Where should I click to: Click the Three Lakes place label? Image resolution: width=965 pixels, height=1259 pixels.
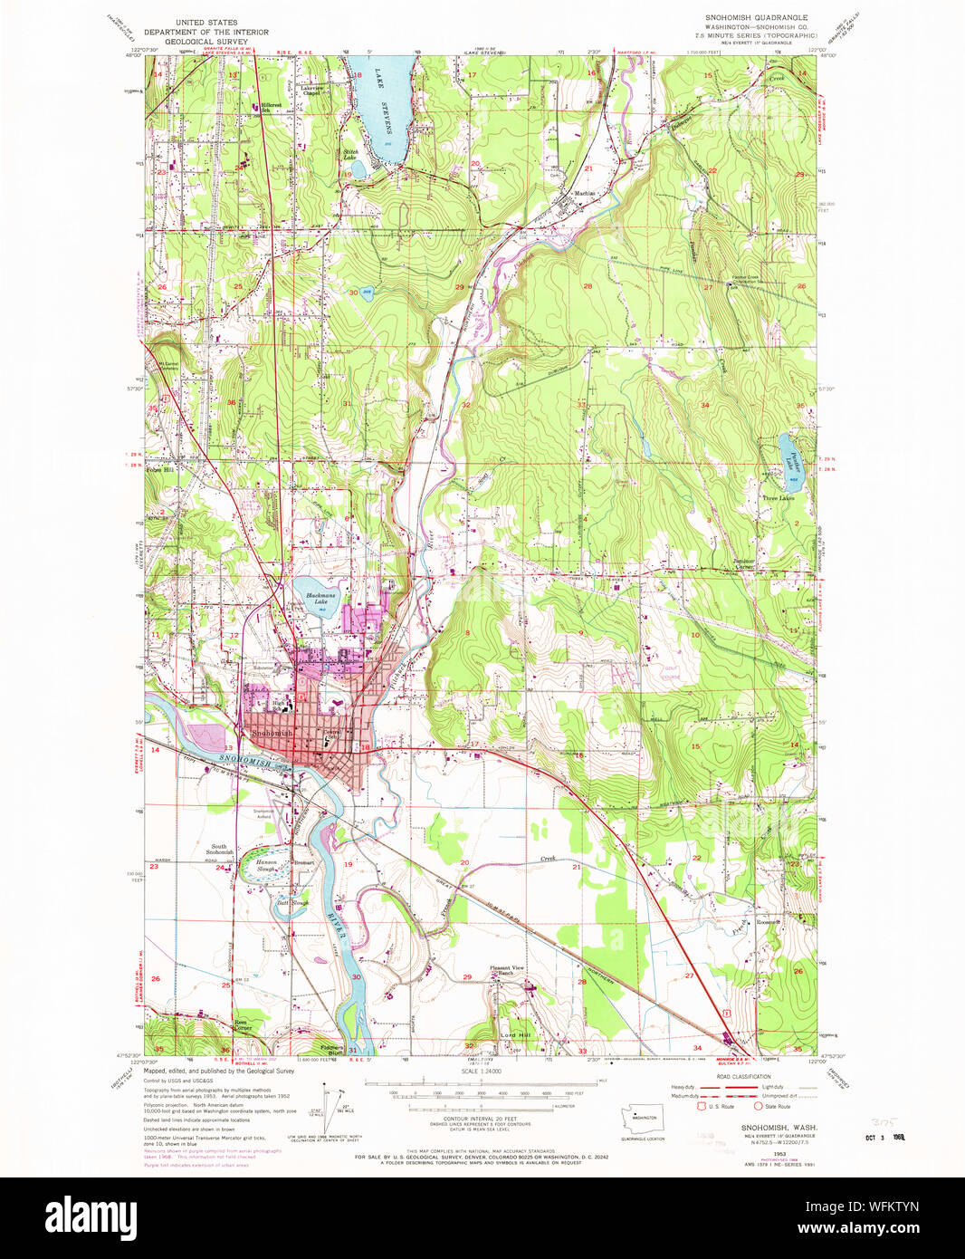click(778, 498)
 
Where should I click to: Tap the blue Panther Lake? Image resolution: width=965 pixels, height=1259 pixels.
click(789, 452)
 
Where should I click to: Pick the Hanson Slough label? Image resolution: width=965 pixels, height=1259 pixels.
click(265, 865)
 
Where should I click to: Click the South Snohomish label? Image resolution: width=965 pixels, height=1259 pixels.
click(219, 850)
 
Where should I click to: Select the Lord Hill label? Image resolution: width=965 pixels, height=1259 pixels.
click(515, 1034)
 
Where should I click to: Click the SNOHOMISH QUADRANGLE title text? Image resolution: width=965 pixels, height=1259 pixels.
click(757, 17)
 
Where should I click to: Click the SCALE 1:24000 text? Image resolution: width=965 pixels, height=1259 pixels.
click(482, 1072)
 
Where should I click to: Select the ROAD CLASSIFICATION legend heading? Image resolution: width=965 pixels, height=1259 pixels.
click(743, 1077)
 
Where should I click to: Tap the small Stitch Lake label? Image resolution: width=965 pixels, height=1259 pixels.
click(349, 155)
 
